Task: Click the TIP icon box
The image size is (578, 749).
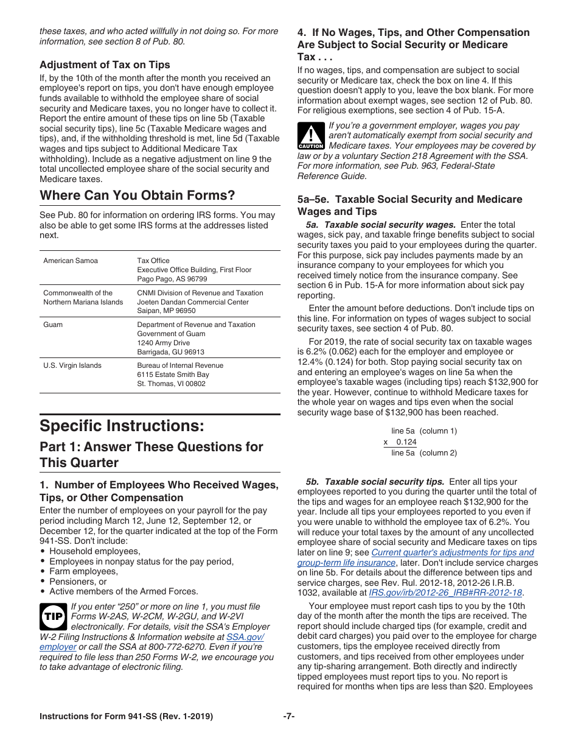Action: click(53, 616)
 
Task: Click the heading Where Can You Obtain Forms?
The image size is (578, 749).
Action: click(137, 195)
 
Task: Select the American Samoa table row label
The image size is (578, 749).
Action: click(71, 261)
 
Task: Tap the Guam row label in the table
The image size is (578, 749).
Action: click(53, 325)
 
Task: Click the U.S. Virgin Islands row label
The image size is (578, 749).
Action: click(72, 365)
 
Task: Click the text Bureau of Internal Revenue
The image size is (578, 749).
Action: click(180, 365)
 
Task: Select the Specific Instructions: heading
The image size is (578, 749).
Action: click(122, 424)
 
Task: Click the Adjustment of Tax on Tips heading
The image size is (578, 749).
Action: click(105, 65)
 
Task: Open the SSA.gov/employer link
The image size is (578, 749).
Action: click(245, 636)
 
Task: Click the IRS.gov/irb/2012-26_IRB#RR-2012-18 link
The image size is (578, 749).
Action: click(445, 592)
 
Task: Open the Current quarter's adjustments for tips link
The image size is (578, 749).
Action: click(452, 552)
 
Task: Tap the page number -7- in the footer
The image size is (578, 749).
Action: click(288, 717)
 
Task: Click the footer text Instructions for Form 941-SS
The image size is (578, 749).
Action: click(126, 717)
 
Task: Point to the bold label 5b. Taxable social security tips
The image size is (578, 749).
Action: click(375, 482)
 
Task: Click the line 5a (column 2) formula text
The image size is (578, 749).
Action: click(423, 452)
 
